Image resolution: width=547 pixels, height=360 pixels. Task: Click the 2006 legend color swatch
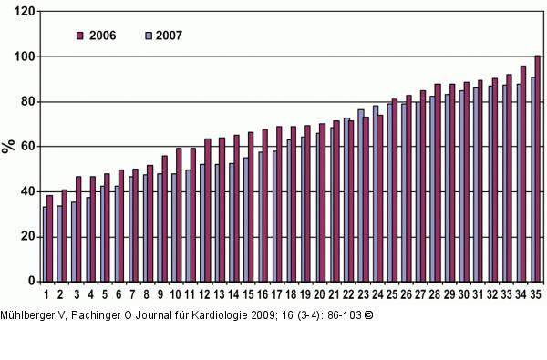click(79, 36)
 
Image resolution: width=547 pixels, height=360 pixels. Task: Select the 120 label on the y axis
click(26, 12)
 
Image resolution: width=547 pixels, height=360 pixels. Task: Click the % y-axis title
click(8, 146)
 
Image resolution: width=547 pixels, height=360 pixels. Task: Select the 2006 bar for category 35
click(538, 169)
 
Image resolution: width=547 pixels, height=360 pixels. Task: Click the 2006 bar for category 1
click(50, 238)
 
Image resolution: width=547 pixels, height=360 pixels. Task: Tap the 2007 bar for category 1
click(44, 244)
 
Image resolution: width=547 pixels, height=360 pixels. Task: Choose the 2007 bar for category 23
click(361, 195)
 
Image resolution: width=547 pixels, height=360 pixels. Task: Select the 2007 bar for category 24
click(376, 193)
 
